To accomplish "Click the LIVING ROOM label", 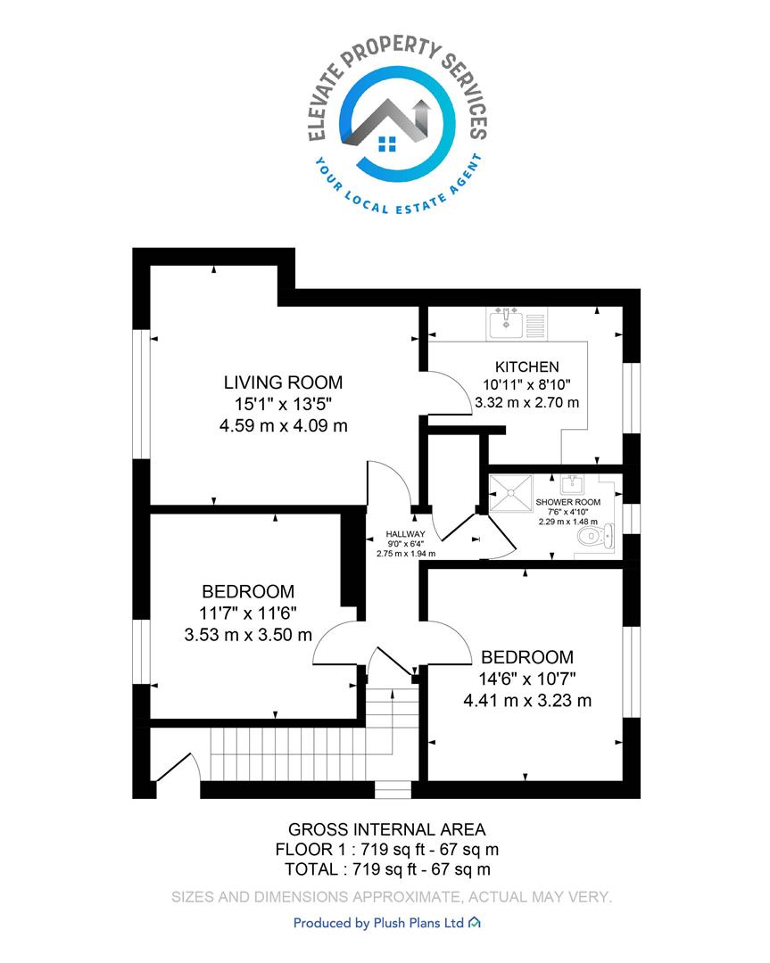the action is (x=283, y=383).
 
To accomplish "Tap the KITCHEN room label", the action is (x=527, y=366).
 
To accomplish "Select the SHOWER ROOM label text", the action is (x=567, y=502).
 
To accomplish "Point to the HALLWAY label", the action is (x=405, y=534).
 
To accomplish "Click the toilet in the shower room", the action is (x=595, y=536).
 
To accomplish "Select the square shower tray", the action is (x=509, y=492).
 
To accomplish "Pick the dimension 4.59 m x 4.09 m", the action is (x=284, y=425).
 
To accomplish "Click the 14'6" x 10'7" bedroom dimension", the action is (x=527, y=679).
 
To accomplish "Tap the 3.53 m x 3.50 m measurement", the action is (x=248, y=635).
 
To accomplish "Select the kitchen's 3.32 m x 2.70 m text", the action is (x=527, y=403).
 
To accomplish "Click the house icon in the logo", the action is (x=387, y=126).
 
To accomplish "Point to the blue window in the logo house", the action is (x=387, y=144).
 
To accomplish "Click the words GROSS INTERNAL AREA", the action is (x=387, y=830).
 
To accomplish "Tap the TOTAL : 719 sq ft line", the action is (x=387, y=869).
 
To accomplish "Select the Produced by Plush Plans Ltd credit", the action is (x=386, y=923).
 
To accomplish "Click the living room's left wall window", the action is (x=141, y=394).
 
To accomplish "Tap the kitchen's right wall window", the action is (x=632, y=398).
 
